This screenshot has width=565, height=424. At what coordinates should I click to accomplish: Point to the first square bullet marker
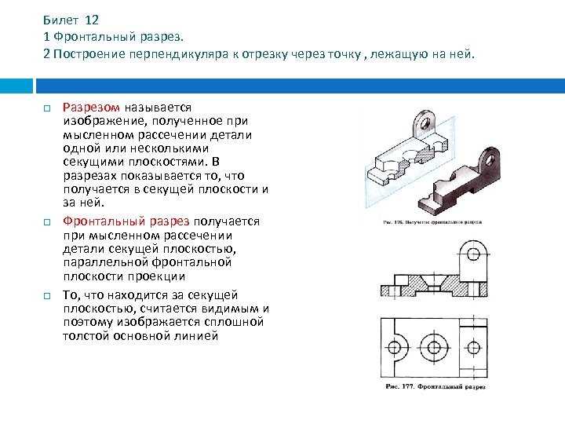(47, 108)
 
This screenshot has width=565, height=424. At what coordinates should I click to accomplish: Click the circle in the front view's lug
(472, 254)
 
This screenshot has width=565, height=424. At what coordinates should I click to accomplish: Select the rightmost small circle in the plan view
(473, 346)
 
